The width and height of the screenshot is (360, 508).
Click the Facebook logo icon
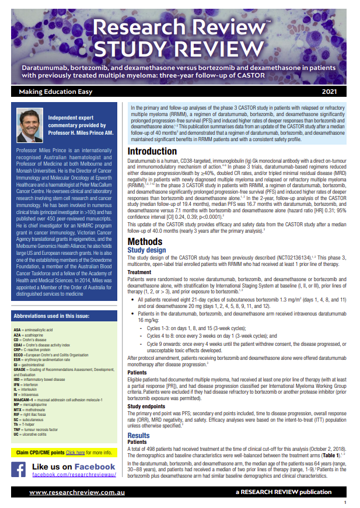(20, 470)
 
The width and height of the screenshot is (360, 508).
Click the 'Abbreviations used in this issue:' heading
(52, 317)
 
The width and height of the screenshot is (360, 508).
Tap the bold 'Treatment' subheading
(140, 272)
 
